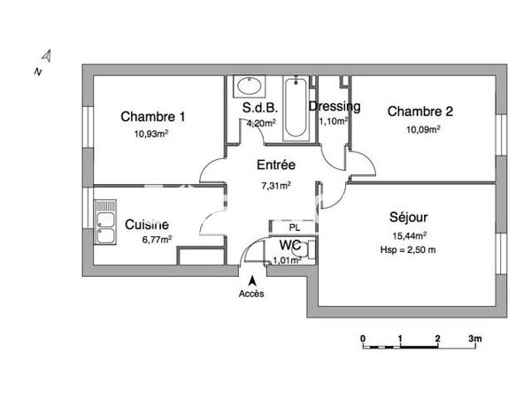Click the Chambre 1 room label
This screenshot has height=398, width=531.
pyautogui.click(x=153, y=117)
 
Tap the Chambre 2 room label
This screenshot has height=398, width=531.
pyautogui.click(x=420, y=111)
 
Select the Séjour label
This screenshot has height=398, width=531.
pyautogui.click(x=408, y=218)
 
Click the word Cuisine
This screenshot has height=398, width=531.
pyautogui.click(x=147, y=225)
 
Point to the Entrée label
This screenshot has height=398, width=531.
pyautogui.click(x=275, y=165)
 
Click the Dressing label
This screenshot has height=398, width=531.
pyautogui.click(x=335, y=107)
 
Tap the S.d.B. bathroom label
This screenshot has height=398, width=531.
pyautogui.click(x=259, y=109)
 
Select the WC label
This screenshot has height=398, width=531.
pyautogui.click(x=290, y=245)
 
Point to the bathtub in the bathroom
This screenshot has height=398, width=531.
pyautogui.click(x=296, y=110)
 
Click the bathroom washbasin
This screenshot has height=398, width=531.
pyautogui.click(x=248, y=87)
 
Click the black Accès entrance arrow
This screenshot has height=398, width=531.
pyautogui.click(x=251, y=280)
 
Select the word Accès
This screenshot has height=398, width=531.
pyautogui.click(x=251, y=294)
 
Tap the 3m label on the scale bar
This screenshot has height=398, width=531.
pyautogui.click(x=475, y=339)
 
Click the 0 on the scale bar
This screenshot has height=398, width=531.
pyautogui.click(x=363, y=339)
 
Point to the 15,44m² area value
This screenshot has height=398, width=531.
pyautogui.click(x=408, y=235)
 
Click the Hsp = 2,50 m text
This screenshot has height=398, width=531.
pyautogui.click(x=408, y=250)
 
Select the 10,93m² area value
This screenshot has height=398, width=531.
pyautogui.click(x=151, y=134)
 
